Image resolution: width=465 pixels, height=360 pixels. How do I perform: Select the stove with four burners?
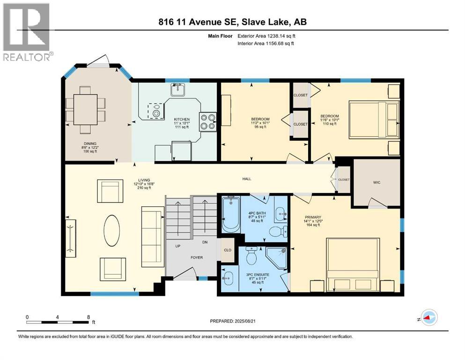(208, 121)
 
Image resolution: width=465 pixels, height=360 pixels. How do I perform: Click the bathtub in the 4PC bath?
(230, 215)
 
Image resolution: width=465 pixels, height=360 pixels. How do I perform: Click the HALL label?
(247, 179)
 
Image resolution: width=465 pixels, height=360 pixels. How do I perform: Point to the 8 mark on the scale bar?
(89, 317)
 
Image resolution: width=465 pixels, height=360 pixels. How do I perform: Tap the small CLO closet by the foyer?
(228, 250)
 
